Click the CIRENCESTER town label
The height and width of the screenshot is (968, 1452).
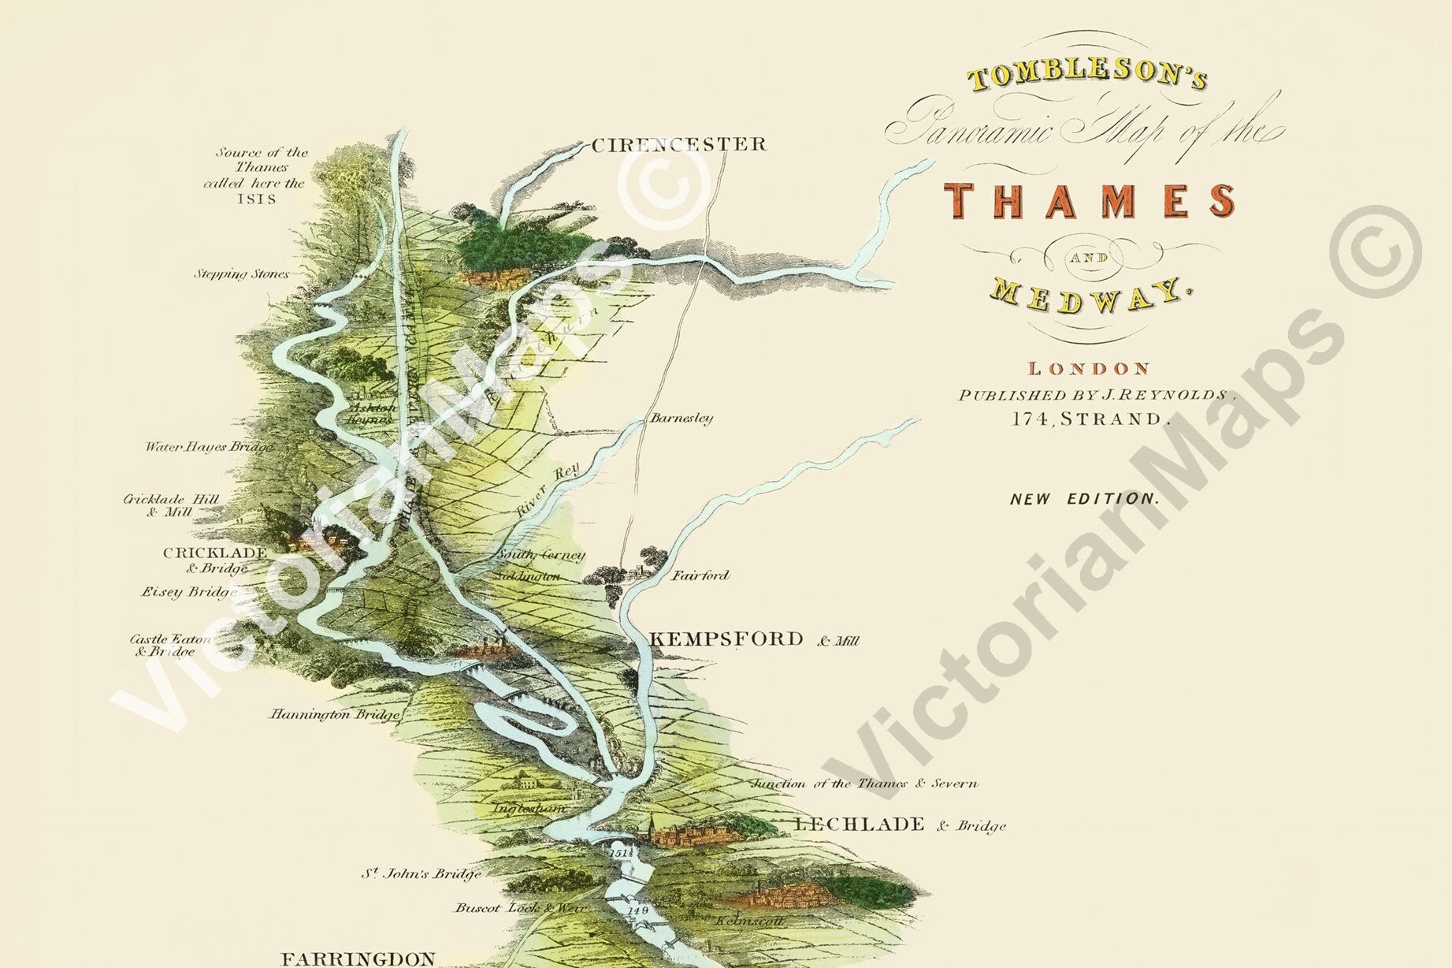[x=678, y=145]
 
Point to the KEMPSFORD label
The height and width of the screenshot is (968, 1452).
[x=726, y=639]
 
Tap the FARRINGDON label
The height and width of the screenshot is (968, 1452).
[x=358, y=959]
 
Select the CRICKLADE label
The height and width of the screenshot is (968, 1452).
[x=215, y=553]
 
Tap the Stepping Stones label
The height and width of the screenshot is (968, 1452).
[x=241, y=275]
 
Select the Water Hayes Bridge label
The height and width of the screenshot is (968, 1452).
[x=210, y=447]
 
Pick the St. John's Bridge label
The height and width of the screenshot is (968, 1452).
[x=421, y=873]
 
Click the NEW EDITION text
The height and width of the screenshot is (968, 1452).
[x=1085, y=498]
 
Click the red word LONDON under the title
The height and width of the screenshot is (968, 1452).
[x=1089, y=368]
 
